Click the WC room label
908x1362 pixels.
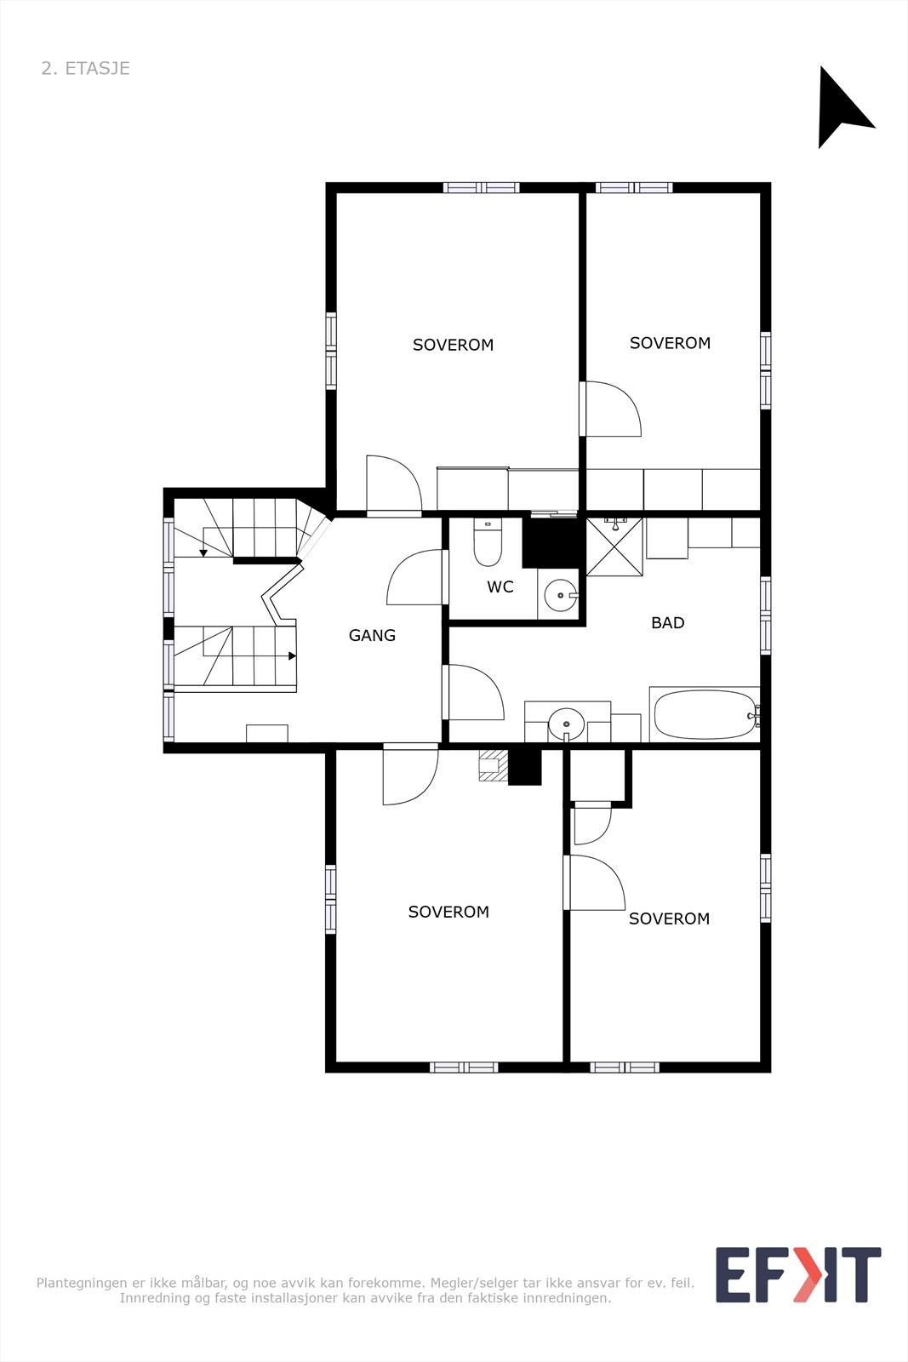point(500,587)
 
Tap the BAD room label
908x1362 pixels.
point(667,623)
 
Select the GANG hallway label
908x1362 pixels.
point(372,635)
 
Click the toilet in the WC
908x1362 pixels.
point(488,546)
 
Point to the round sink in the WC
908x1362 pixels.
point(560,595)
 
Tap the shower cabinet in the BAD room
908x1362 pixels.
point(614,546)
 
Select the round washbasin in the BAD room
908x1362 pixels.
point(566,725)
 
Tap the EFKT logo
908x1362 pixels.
point(797,1274)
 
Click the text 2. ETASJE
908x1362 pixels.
point(86,69)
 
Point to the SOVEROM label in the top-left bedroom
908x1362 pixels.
point(453,345)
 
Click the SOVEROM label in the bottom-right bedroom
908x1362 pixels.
point(669,918)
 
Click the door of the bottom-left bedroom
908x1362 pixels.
point(409,775)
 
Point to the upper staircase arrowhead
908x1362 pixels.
point(203,553)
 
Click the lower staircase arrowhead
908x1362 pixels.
point(292,656)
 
